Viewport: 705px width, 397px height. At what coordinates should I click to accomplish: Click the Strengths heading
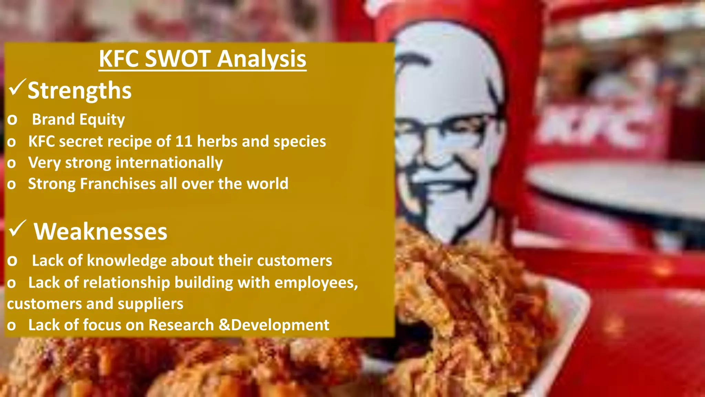[80, 90]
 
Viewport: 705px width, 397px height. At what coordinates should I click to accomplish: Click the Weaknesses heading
[100, 231]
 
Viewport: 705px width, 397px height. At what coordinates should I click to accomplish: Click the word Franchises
[118, 184]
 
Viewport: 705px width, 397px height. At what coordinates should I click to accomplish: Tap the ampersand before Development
[224, 325]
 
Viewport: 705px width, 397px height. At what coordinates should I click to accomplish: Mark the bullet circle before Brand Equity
[12, 120]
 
